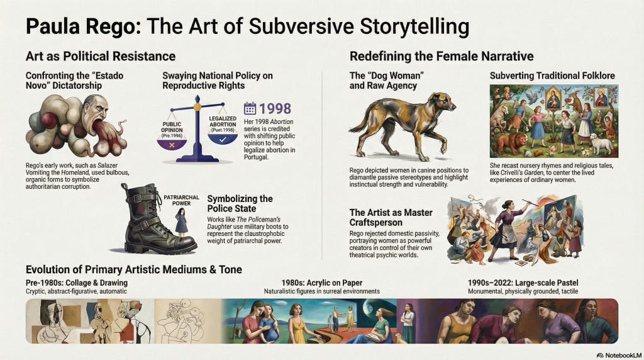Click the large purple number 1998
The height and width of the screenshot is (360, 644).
tap(275, 108)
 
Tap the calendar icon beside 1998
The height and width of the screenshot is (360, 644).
tap(250, 108)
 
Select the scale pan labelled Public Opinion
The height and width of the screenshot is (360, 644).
tap(172, 144)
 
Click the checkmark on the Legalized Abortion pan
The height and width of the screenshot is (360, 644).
tap(223, 140)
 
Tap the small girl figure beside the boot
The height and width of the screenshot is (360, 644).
tap(181, 222)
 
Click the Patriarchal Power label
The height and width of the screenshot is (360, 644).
tap(182, 200)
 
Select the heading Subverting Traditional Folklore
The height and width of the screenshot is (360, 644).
tap(552, 76)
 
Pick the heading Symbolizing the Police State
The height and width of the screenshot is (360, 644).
tap(240, 203)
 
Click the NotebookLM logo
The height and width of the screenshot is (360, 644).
tap(619, 355)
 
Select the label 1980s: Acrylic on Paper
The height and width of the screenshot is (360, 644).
tap(322, 283)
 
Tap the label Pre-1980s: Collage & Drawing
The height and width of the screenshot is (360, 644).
tap(76, 283)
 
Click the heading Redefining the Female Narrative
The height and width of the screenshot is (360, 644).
tap(441, 56)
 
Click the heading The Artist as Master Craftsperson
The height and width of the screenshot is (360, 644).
tap(391, 217)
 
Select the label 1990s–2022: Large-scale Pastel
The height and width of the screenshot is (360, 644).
tap(523, 283)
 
